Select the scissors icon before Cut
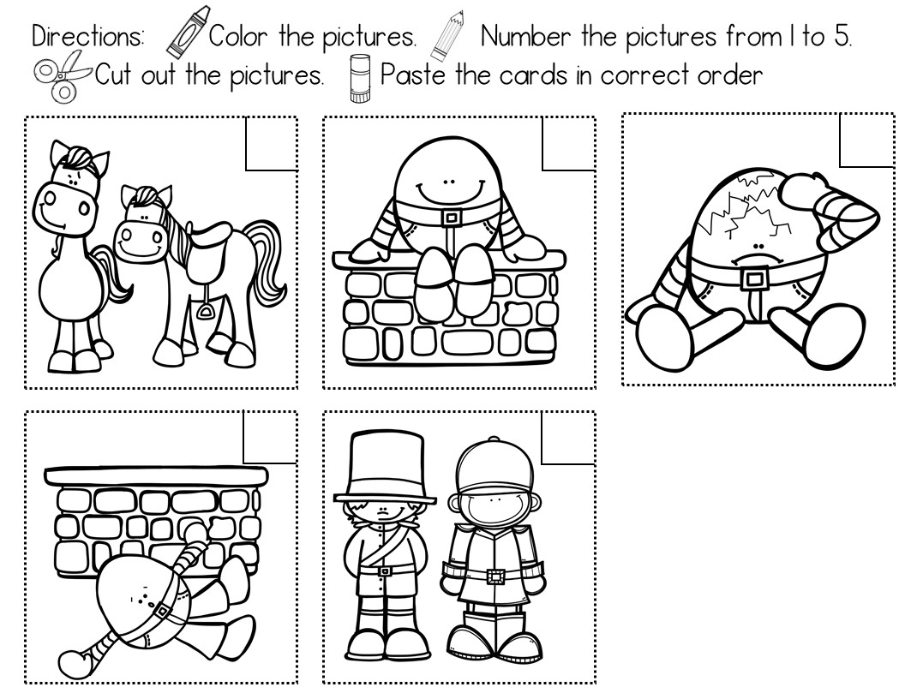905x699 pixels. click(x=62, y=75)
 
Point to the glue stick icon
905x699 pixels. click(x=361, y=78)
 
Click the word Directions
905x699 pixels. click(x=88, y=36)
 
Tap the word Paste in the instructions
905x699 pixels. click(x=413, y=75)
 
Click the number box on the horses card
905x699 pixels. click(x=272, y=144)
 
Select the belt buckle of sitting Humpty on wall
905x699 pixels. click(x=452, y=218)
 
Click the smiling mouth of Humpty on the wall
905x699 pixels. click(x=447, y=192)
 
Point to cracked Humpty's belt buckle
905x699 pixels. click(x=753, y=278)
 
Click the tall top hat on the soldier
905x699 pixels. click(x=385, y=466)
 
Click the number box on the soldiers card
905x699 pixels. click(x=568, y=437)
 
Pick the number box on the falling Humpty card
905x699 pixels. click(x=270, y=437)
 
